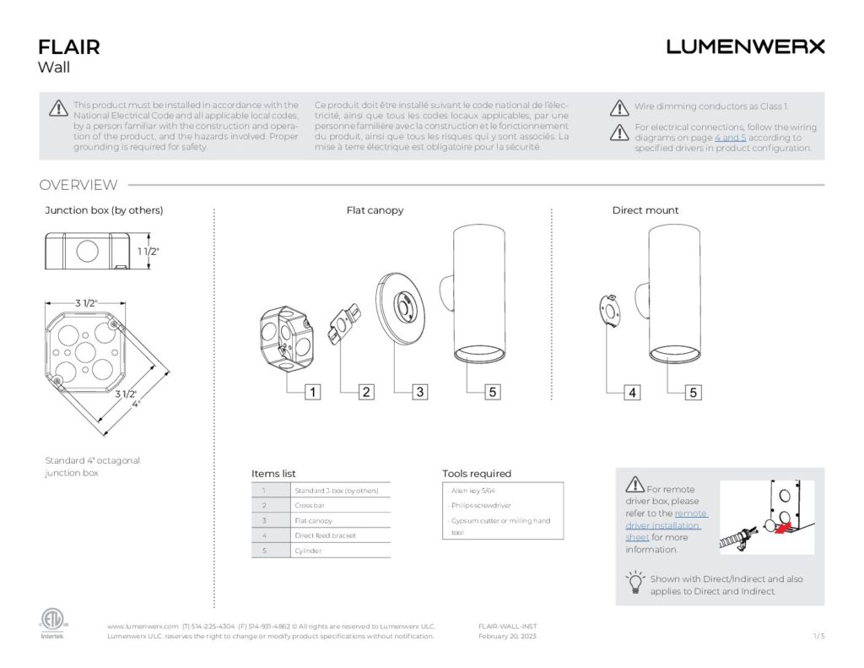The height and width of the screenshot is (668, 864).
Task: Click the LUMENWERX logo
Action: pos(745,46)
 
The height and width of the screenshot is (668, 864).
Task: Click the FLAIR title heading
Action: pos(69,46)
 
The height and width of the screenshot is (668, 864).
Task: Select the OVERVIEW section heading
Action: pos(78,185)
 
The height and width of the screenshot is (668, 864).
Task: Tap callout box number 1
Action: pos(312,392)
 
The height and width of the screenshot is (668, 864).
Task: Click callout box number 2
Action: pos(366,392)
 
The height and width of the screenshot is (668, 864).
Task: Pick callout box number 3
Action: pos(420,392)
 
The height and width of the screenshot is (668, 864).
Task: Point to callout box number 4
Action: pos(632,392)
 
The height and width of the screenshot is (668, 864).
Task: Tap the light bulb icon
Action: pos(634,583)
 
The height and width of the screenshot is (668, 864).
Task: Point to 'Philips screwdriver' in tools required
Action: pos(476,505)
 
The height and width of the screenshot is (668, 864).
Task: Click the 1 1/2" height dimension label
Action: pos(148,251)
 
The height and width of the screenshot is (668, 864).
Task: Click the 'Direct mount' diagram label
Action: pos(645,210)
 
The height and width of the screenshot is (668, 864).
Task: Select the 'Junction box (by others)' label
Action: pos(104,210)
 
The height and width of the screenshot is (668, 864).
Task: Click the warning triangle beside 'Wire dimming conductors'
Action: pos(620,107)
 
